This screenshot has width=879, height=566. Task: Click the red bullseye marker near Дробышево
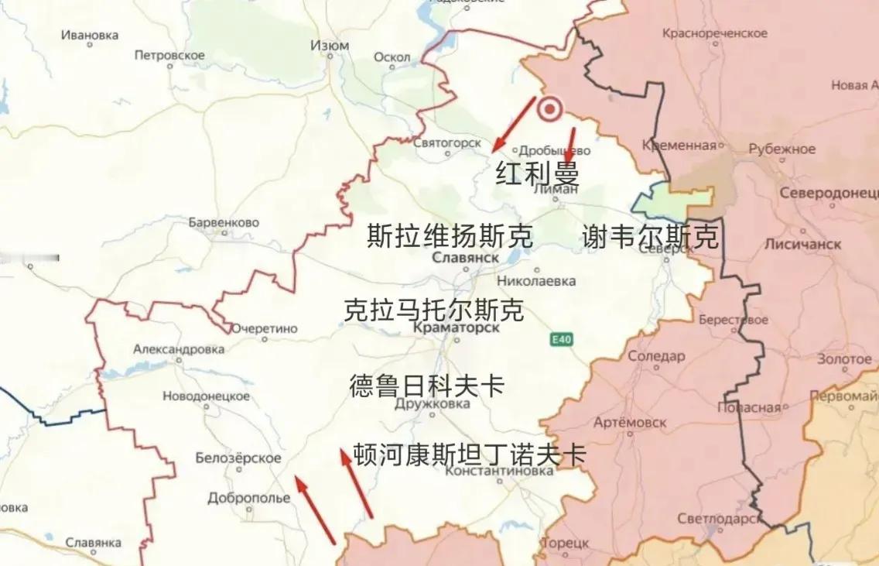coord(550,111)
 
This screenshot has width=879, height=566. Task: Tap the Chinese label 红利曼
coord(538,173)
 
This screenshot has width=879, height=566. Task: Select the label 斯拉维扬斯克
coord(450,236)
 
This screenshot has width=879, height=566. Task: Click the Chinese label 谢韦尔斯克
coord(650,237)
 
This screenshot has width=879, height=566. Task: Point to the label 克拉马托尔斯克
coord(434,310)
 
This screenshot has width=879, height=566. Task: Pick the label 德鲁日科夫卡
coord(426,385)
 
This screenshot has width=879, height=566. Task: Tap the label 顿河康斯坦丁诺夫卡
coord(470,454)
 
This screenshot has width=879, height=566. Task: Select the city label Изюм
coord(330,46)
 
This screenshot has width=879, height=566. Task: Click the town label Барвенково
coord(224,223)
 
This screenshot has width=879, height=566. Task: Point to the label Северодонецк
coord(829,193)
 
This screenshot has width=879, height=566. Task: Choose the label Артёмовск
coord(624,422)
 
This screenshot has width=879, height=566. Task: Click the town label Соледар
coord(656,356)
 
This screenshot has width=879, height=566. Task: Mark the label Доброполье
coord(248,498)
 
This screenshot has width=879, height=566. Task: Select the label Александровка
coord(179,349)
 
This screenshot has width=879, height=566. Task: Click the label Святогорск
coord(447,142)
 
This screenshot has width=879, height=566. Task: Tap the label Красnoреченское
coord(715,34)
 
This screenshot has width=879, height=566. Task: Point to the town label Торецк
coord(565,544)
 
